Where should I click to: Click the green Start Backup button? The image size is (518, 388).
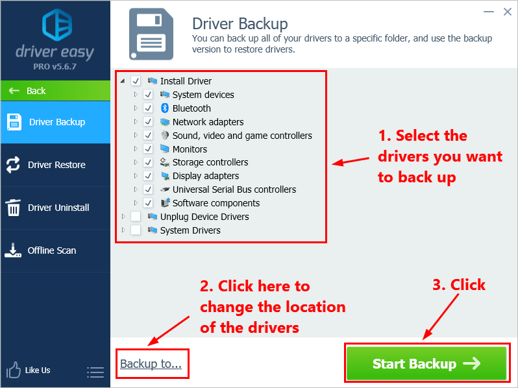pos(426,364)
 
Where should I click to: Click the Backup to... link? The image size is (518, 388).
pos(151,364)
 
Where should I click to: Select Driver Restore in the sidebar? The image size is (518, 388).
pos(55,165)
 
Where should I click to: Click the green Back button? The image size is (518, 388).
pos(36,91)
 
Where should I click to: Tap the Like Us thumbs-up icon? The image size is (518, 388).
pos(13,370)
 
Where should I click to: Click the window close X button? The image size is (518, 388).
pos(507,11)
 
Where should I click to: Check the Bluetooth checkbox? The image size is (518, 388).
pos(148,108)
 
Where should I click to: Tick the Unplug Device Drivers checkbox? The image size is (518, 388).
pos(136,217)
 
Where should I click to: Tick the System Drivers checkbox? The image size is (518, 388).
pos(136,230)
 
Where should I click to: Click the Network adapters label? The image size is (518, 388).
pos(208,122)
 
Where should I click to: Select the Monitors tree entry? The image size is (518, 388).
pos(190,149)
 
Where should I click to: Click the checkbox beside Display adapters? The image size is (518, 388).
pos(148,176)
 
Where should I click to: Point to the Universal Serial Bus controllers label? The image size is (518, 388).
pos(234,189)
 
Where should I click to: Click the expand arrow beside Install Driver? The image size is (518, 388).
pos(123,81)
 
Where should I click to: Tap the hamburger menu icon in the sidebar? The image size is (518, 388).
pos(95,372)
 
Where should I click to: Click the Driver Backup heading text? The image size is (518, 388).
pos(240,24)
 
